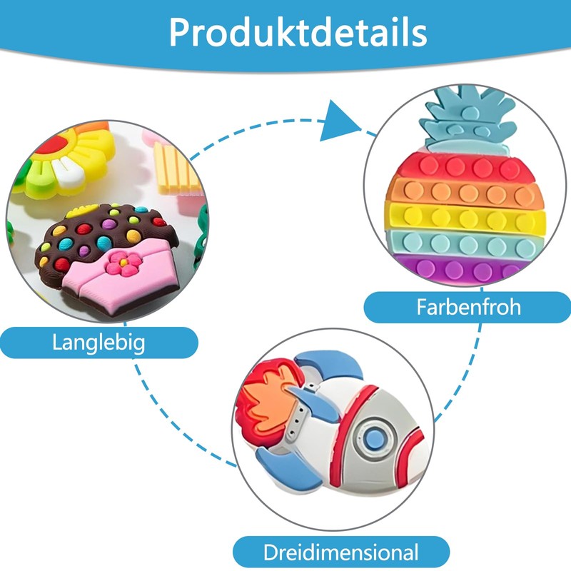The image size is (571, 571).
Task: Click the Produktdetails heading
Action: (x=298, y=32)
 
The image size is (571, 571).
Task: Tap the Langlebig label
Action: (x=98, y=343)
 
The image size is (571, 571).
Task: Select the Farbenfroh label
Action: (x=468, y=307)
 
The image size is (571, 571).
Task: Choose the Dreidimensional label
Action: (x=341, y=552)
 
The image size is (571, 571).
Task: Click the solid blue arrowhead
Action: (x=337, y=122)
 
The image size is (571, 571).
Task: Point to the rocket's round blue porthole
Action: (x=375, y=439)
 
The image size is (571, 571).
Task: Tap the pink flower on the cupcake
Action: (x=124, y=263)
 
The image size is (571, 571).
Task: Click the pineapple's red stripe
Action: (x=460, y=166)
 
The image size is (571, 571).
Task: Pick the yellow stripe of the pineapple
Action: (x=466, y=218)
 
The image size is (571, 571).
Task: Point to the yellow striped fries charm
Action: (x=176, y=168)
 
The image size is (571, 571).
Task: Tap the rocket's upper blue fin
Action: (x=330, y=363)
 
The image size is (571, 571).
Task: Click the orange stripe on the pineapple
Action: (x=463, y=192)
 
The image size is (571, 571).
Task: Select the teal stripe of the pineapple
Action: (x=463, y=243)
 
